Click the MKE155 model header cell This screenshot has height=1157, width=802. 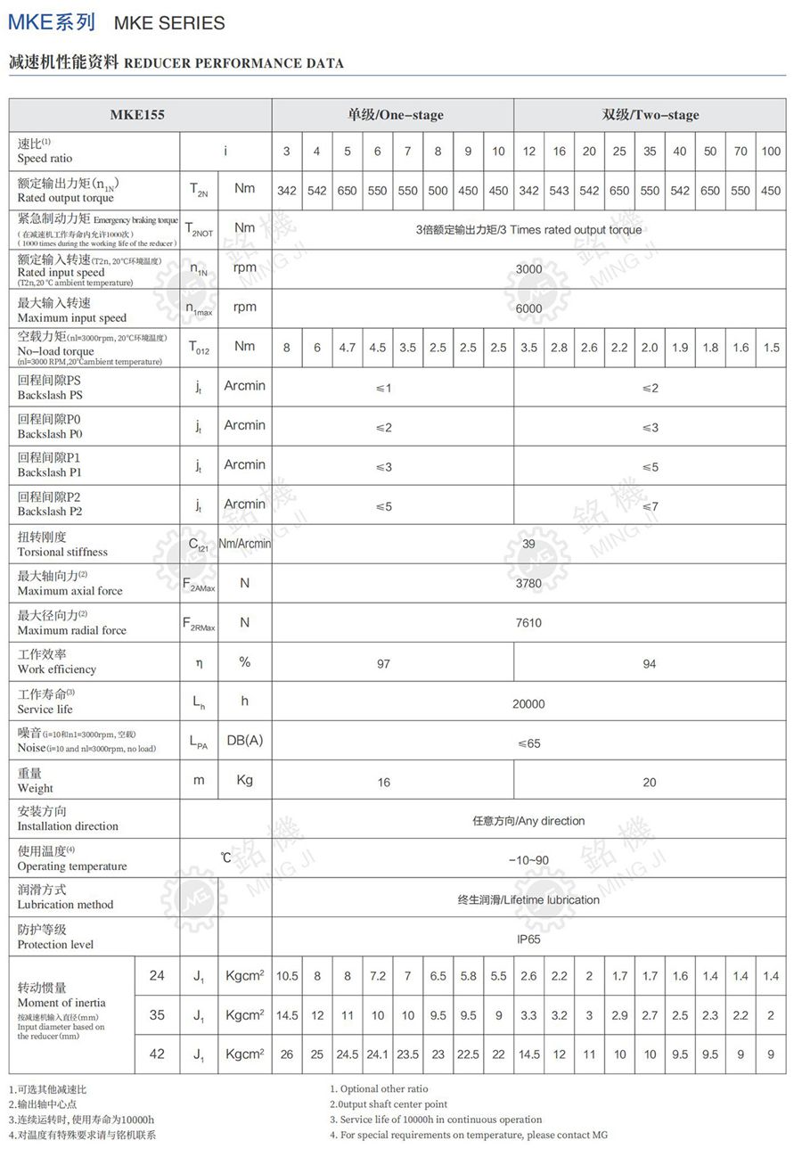coord(137,114)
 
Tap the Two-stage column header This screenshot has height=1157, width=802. coord(650,114)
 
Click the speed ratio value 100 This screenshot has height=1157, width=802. coord(771,151)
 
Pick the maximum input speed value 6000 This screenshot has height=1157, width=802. coord(528,308)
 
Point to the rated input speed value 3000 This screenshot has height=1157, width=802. coord(528,268)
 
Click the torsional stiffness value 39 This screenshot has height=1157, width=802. coord(528,544)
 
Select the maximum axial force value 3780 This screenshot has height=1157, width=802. coord(528,584)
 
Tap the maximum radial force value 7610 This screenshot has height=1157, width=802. coord(528,623)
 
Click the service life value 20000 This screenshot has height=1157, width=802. coord(528,703)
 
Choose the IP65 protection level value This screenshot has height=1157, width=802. coord(528,939)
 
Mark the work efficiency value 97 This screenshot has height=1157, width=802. coord(383,663)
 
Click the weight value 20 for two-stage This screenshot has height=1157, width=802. coord(650,783)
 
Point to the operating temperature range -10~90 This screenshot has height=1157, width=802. coord(528,860)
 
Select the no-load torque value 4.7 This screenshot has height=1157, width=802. coord(348,348)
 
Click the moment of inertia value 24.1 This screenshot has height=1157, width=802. coord(378,1054)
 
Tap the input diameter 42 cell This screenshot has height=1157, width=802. coord(157,1054)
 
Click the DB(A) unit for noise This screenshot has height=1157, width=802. coord(244,741)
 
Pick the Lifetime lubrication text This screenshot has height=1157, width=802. coord(528,899)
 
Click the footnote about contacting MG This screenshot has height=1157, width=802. coord(469,1135)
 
